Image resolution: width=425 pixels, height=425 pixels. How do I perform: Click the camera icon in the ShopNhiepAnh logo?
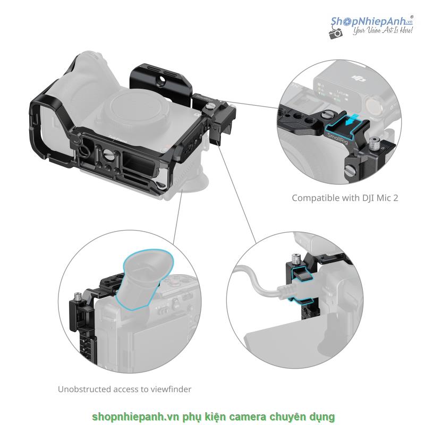(336, 33)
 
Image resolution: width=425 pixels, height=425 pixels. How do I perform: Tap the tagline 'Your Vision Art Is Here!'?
(382, 30)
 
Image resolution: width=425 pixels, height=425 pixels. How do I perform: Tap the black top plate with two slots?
(160, 81)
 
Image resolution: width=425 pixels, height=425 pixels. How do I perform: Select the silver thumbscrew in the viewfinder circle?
(78, 296)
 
